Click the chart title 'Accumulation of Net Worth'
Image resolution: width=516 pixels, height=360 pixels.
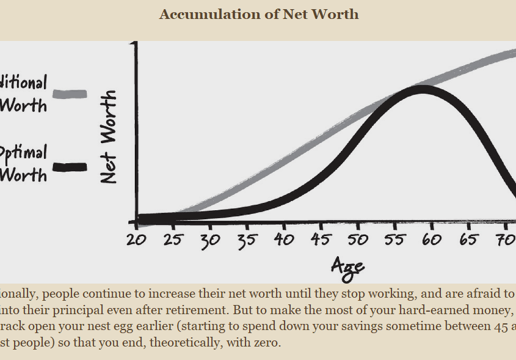259,14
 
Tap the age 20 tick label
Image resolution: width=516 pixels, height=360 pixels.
136,240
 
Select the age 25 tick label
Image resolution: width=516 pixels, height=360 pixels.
173,240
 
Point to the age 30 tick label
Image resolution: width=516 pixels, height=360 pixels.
210,240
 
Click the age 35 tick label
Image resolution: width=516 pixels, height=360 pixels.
247,240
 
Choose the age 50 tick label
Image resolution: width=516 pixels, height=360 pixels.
358,240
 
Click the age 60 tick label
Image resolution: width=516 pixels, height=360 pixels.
432,240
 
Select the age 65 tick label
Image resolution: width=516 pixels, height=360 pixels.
469,240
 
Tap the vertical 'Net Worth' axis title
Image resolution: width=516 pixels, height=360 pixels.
108,137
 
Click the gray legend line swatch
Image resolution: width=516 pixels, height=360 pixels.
70,94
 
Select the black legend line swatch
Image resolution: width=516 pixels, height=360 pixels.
70,166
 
